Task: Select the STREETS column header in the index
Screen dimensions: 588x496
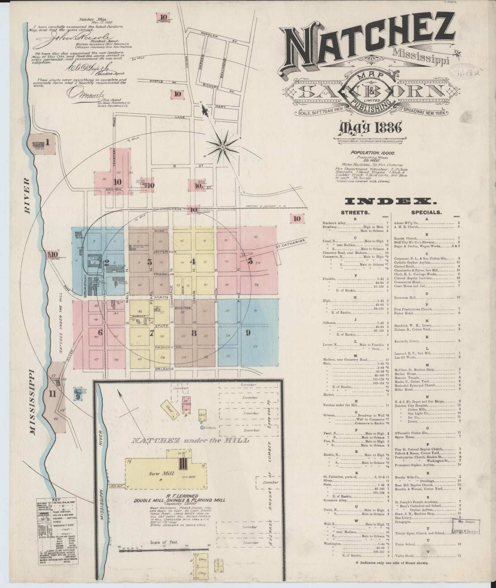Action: (x=355, y=213)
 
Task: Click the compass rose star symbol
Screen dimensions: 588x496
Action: (x=222, y=147)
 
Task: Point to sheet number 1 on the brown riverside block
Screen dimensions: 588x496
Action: (x=48, y=142)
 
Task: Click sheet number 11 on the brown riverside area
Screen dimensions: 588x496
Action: (x=52, y=394)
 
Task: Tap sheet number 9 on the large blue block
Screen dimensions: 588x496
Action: (x=247, y=332)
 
